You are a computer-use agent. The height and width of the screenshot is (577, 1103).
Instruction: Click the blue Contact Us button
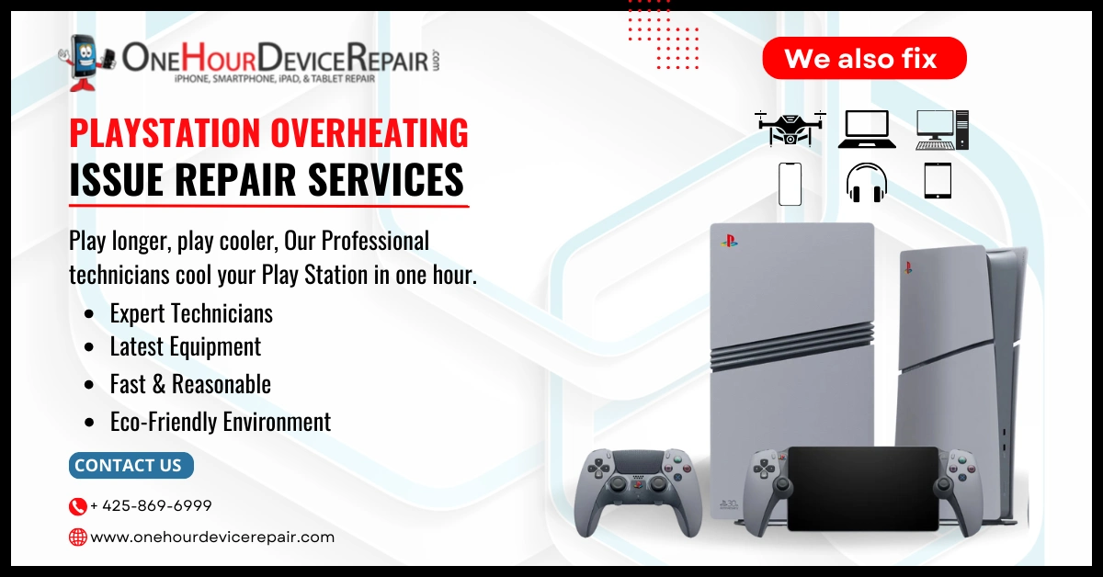tap(131, 465)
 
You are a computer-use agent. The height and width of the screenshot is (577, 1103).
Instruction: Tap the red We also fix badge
tap(864, 58)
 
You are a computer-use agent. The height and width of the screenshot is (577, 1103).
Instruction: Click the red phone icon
tap(77, 506)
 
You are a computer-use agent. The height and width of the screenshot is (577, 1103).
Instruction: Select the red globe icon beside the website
tap(77, 537)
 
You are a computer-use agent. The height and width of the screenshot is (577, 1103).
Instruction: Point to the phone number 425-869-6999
tap(151, 505)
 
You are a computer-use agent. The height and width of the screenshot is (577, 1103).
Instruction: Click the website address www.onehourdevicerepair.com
tap(212, 537)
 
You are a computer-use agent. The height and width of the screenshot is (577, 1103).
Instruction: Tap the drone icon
tap(790, 129)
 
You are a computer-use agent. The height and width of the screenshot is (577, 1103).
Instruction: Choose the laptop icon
tap(867, 130)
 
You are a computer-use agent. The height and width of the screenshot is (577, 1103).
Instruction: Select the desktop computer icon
tap(942, 130)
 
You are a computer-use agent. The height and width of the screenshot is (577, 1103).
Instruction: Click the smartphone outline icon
tap(790, 184)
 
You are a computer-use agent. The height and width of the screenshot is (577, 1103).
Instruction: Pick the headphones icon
tap(867, 183)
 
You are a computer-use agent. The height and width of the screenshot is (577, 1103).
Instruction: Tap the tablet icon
tap(938, 181)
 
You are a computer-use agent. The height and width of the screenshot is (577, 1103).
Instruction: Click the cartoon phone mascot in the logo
tap(86, 63)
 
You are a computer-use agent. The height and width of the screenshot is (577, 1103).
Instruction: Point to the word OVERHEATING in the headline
tap(370, 133)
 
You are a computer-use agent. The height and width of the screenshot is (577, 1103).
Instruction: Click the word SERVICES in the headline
tap(385, 179)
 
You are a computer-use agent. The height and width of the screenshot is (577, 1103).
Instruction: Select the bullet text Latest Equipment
tap(185, 346)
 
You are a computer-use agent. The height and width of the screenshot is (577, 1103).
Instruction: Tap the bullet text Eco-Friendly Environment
tap(221, 422)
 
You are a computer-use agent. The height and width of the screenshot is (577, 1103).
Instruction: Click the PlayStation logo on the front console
tap(729, 241)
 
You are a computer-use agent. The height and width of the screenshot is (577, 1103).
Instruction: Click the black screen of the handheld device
tap(863, 488)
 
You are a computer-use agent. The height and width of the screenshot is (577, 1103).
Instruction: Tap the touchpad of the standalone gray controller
tap(638, 464)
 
